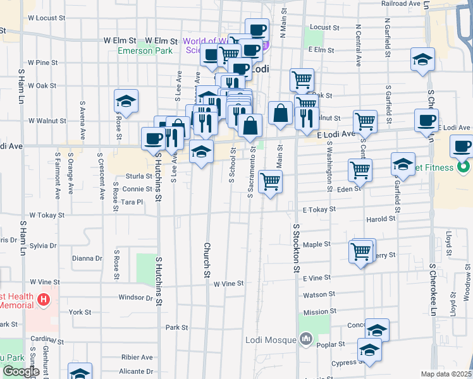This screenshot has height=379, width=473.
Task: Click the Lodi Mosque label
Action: pos(271,340)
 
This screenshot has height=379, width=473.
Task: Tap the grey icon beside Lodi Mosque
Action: pos(307,339)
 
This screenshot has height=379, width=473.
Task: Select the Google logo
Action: pos(21,371)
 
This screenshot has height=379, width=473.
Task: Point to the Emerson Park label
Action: pos(144,51)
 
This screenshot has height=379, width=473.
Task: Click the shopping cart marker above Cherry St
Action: pos(361,251)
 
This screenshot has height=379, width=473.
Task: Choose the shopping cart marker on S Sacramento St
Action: pos(271,181)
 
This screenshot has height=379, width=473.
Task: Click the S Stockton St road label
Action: pos(295,248)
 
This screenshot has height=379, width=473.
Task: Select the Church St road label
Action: pos(206,259)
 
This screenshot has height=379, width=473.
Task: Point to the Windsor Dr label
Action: pos(136,297)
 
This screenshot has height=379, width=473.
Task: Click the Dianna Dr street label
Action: pos(87,258)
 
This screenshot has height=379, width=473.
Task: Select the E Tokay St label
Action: pos(318,210)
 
